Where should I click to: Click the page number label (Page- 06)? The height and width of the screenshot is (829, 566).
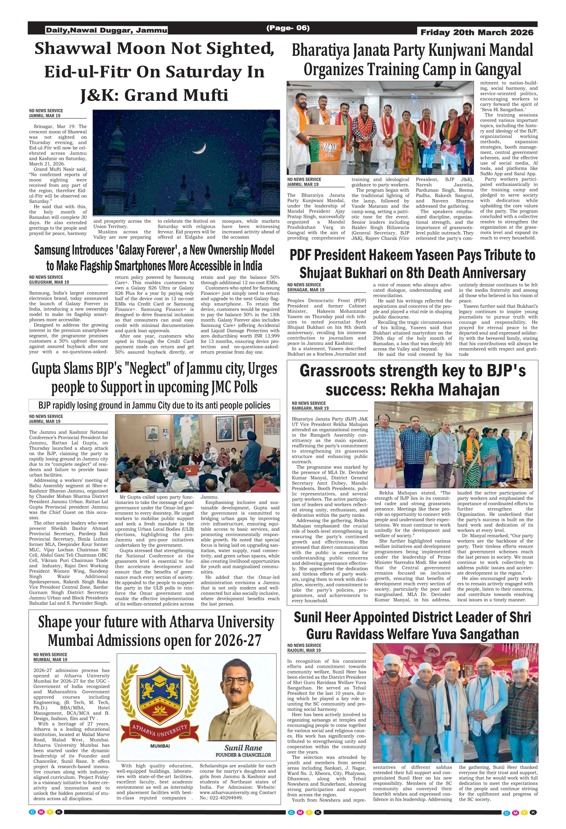click(288, 28)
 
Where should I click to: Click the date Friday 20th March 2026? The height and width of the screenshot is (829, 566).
click(477, 32)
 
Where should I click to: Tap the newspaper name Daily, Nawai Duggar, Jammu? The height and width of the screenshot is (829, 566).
click(106, 30)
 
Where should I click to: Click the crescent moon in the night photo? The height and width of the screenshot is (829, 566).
click(200, 149)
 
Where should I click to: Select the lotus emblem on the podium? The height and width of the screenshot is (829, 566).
click(329, 150)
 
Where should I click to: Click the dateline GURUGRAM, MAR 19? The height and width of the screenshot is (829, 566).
click(49, 282)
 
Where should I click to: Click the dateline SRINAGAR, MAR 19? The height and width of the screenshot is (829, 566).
click(306, 290)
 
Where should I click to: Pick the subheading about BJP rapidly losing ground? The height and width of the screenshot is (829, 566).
click(154, 405)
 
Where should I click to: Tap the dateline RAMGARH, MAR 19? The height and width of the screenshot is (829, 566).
click(310, 408)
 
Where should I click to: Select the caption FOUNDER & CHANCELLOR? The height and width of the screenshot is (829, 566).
click(243, 755)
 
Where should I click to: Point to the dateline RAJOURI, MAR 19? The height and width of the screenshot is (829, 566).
click(304, 650)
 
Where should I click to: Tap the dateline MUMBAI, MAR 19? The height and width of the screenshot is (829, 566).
click(50, 660)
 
